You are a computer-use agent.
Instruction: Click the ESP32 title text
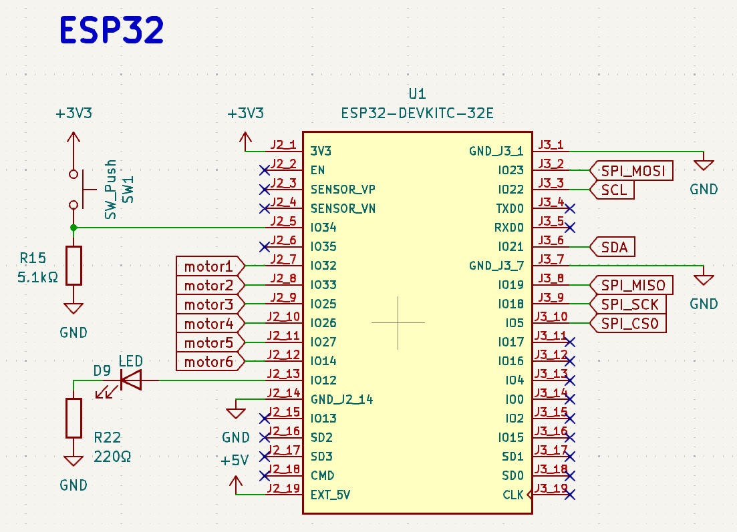(x=112, y=30)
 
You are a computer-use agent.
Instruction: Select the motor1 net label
(x=210, y=266)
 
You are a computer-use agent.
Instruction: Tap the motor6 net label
(x=210, y=362)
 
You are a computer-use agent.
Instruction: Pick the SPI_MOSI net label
(x=631, y=170)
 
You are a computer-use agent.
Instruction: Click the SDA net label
(x=612, y=247)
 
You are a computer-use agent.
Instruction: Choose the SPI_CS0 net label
(x=628, y=323)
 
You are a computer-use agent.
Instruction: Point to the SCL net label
(x=612, y=190)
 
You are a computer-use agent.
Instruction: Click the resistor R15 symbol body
(x=73, y=266)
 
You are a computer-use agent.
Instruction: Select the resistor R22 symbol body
(x=73, y=419)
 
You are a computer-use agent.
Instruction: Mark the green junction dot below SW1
(x=73, y=228)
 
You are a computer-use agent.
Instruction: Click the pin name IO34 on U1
(x=323, y=228)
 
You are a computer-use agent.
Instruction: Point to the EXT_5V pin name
(x=331, y=495)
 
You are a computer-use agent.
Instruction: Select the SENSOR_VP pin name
(x=343, y=190)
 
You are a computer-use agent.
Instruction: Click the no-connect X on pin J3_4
(x=570, y=208)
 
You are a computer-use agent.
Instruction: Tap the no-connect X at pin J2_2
(x=265, y=170)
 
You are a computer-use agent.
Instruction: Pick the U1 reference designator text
(x=418, y=94)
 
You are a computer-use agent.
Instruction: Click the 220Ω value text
(x=112, y=457)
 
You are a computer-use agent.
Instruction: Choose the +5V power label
(x=235, y=460)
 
